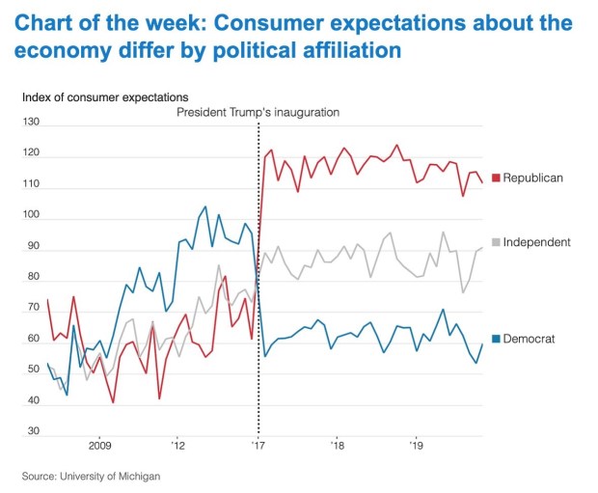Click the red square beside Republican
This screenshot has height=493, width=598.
tap(496, 178)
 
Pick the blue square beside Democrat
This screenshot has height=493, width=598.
tap(496, 339)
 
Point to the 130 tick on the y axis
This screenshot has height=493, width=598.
tap(33, 122)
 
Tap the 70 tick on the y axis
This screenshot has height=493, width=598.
tap(33, 309)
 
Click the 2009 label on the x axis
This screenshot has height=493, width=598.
tap(100, 446)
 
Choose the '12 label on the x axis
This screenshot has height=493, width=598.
tap(178, 446)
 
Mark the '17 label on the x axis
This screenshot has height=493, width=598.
tap(258, 446)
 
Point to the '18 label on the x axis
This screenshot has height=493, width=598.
tap(337, 446)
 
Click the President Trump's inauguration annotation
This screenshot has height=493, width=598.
tap(258, 112)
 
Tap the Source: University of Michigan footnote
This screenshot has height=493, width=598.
tap(92, 476)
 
